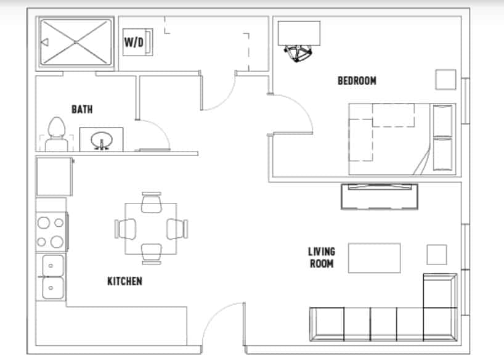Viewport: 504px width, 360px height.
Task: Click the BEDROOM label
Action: tap(357, 81)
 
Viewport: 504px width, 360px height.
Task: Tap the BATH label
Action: tap(82, 110)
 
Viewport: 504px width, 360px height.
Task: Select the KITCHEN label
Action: tap(124, 281)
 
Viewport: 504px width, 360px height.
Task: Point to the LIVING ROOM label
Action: tap(322, 257)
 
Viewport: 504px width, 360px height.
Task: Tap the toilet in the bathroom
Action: tap(57, 133)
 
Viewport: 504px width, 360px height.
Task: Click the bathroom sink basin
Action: tap(101, 141)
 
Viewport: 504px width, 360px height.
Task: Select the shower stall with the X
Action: tap(76, 42)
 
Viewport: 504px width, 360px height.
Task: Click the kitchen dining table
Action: tap(151, 228)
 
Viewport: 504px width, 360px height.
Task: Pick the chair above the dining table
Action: tap(151, 203)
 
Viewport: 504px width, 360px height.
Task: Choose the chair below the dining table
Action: tap(151, 253)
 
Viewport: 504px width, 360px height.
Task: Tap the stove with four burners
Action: tap(51, 231)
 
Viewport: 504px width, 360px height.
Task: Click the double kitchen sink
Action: tap(51, 276)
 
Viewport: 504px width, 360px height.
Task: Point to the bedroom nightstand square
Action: tap(445, 80)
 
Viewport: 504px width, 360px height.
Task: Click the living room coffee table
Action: tap(375, 258)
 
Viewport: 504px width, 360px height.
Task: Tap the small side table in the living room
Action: tap(437, 255)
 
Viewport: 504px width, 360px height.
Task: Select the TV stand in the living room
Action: tap(380, 197)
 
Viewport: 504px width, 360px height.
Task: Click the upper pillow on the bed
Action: tap(443, 120)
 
